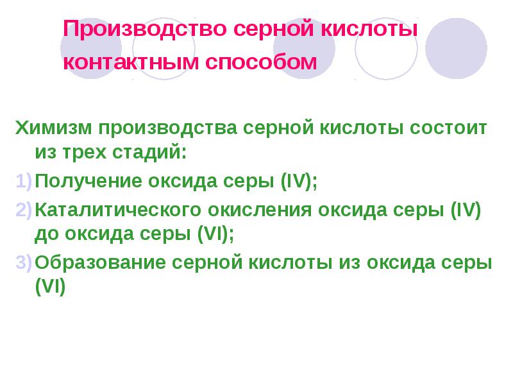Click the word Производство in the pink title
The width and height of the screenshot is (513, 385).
point(145,29)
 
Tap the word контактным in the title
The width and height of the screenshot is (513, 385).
point(131,62)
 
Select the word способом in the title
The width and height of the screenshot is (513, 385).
point(261,62)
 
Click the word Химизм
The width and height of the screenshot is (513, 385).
point(53,128)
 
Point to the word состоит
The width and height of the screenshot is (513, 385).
point(448,128)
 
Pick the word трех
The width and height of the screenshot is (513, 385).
point(85,153)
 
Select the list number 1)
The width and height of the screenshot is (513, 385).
point(24,181)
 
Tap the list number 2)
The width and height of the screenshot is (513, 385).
point(24,210)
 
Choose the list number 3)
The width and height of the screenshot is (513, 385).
point(24,262)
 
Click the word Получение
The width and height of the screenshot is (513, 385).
point(88,181)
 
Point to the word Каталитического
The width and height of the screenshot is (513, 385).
point(118,210)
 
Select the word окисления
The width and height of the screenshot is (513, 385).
point(260,210)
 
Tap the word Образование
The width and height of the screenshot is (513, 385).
point(100,262)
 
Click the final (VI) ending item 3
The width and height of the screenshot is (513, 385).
point(51,286)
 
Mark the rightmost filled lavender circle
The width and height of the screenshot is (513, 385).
point(456,48)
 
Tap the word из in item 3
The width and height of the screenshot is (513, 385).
point(349,262)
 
